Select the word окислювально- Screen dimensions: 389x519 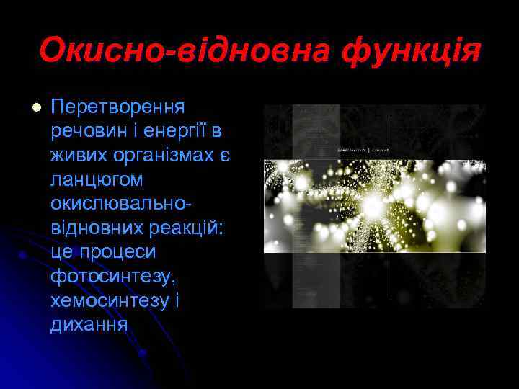[120, 204]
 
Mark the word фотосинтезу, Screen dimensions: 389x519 [112, 277]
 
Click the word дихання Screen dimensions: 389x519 [89, 325]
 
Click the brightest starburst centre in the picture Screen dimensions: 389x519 [373, 207]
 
